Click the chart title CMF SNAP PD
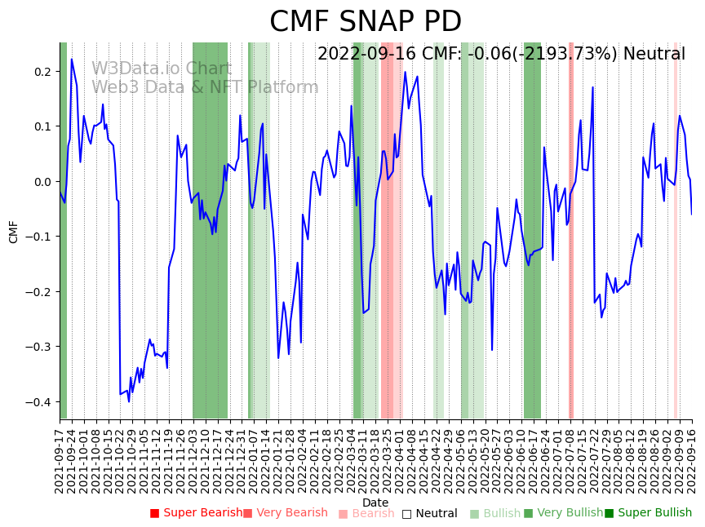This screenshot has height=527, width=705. coord(366,22)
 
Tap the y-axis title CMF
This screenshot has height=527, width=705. coord(14,232)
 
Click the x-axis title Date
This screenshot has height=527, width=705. coord(375,503)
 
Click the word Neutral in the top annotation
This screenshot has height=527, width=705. coord(654,55)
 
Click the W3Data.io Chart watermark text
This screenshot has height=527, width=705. coord(162,69)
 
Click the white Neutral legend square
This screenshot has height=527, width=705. coord(406,514)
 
